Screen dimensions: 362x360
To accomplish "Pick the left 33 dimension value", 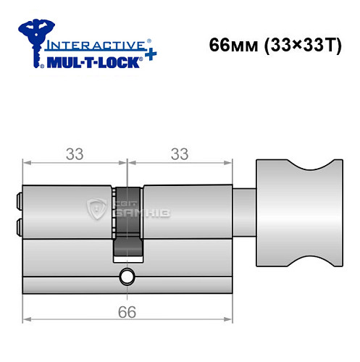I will coord(75,154).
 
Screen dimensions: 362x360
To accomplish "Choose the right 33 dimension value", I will coord(178,154).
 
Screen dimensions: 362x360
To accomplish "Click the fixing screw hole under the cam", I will coord(127,276).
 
